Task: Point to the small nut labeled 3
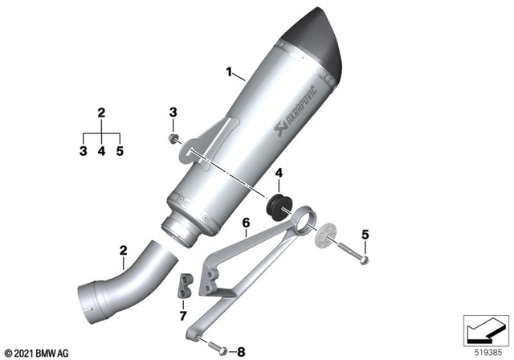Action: click(x=173, y=139)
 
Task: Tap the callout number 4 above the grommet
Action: click(x=279, y=174)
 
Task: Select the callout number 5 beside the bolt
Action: click(x=365, y=235)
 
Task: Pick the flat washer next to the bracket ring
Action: click(x=325, y=236)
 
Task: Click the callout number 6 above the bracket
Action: click(x=246, y=222)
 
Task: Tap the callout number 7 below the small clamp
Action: click(x=182, y=316)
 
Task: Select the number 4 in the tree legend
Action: click(x=101, y=149)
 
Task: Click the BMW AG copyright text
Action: click(x=38, y=353)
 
